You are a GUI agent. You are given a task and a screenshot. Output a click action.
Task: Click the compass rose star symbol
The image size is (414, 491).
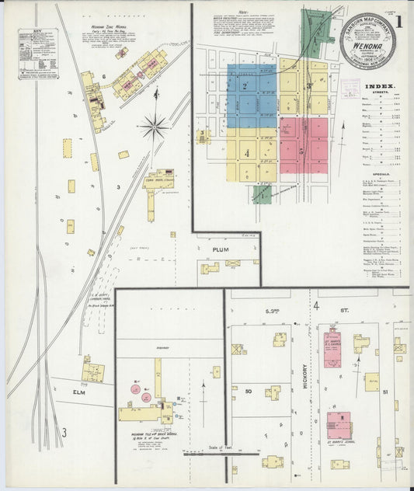[155, 124]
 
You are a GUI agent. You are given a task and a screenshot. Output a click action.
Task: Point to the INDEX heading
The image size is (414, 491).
[378, 86]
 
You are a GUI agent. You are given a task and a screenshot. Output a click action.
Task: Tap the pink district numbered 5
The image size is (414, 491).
[303, 145]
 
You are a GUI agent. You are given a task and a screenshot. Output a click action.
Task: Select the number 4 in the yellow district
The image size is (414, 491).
[246, 154]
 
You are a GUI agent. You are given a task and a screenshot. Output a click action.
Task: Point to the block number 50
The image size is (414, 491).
[249, 392]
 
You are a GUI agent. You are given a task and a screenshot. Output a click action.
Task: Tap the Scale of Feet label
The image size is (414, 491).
[224, 448]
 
